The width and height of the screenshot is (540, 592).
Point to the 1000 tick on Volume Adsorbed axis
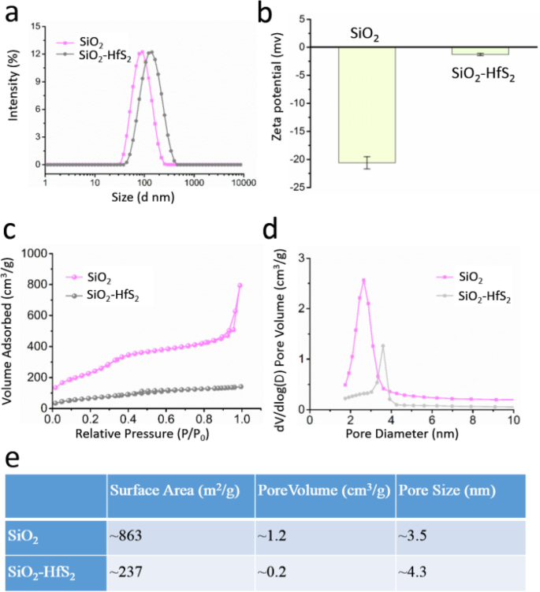click(35, 254)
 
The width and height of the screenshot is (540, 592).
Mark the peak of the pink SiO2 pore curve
click(363, 280)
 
